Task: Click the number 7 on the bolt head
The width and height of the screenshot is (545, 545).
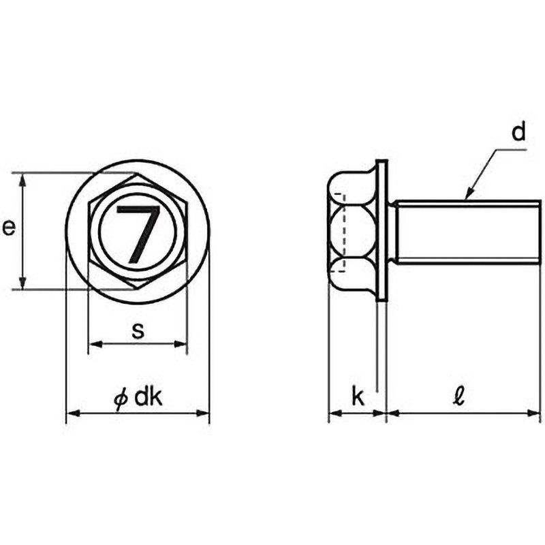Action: (139, 234)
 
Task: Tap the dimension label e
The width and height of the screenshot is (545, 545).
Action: (9, 228)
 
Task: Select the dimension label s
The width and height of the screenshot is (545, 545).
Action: (138, 330)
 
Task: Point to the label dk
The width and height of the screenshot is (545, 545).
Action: (149, 397)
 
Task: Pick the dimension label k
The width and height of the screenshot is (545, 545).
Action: (358, 396)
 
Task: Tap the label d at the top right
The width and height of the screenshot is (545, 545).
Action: (518, 132)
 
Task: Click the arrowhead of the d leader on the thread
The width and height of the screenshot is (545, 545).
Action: (469, 193)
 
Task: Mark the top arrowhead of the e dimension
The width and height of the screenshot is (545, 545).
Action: (22, 180)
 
